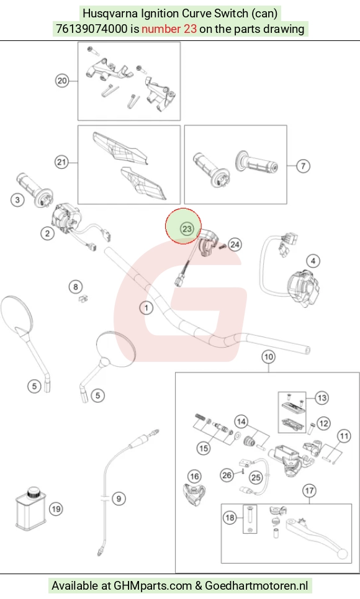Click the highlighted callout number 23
tap(186, 229)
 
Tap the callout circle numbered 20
tap(62, 81)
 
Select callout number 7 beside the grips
tap(303, 166)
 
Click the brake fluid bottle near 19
tap(31, 508)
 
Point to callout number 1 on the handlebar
tap(146, 307)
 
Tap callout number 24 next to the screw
tap(235, 245)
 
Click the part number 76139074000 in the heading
tap(91, 29)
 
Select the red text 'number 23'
tap(169, 29)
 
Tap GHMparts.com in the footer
tap(153, 585)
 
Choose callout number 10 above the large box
tap(268, 357)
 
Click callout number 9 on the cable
tap(119, 498)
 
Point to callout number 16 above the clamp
tap(194, 476)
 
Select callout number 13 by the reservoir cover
tap(322, 398)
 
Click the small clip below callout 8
tap(83, 299)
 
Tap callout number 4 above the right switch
tap(313, 261)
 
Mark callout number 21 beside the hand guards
tap(61, 162)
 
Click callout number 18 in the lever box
tap(230, 518)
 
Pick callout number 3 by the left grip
tap(17, 199)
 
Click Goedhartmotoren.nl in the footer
tap(256, 585)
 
